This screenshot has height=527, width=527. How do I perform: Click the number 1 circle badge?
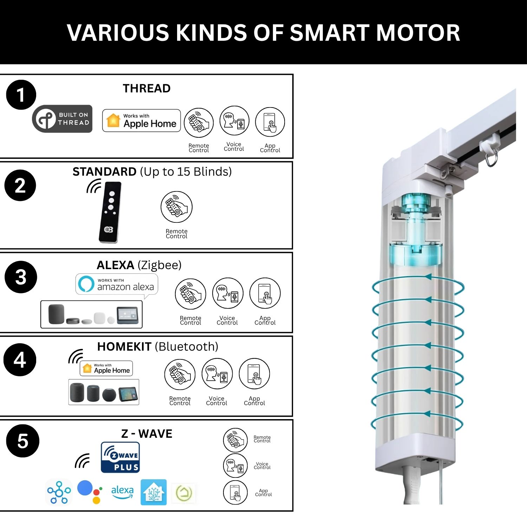pos(21,95)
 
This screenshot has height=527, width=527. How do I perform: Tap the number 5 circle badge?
pos(23,441)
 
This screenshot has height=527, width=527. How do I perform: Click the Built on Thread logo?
pos(62,119)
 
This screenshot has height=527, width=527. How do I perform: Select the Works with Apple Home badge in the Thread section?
pos(142,121)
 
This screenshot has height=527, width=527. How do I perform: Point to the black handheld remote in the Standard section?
pos(110,212)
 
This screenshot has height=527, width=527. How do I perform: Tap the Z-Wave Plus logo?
pos(120,457)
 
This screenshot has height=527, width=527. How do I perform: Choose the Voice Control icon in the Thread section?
pos(234,121)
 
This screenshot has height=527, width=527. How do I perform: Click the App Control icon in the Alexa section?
pos(265,293)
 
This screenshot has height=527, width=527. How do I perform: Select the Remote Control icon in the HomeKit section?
pos(180,375)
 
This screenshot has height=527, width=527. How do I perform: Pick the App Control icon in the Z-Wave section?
pos(235,492)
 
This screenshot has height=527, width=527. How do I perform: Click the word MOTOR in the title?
pos(418,33)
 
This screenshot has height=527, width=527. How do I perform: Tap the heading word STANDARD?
pos(104,171)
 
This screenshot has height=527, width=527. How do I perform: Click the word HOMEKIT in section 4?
pos(124,347)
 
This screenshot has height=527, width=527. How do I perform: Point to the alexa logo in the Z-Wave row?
pos(122,492)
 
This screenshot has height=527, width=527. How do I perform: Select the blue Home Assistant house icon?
pos(154,492)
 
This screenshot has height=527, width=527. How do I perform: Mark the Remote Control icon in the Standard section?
pos(176,207)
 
